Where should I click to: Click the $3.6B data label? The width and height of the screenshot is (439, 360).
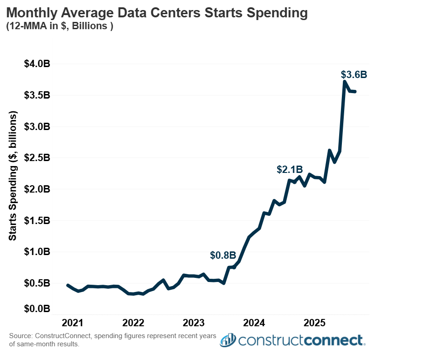tap(354, 75)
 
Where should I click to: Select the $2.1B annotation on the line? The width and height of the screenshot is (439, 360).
tap(289, 170)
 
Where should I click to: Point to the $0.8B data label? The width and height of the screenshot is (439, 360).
tap(223, 256)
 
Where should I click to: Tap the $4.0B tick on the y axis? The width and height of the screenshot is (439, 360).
tap(37, 64)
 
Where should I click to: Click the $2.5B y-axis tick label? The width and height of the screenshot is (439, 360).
tap(37, 158)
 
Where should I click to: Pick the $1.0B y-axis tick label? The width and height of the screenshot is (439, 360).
tap(37, 252)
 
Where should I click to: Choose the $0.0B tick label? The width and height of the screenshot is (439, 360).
tap(37, 309)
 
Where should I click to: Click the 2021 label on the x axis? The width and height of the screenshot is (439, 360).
tap(72, 323)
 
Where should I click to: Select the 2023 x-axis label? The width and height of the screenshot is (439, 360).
tap(193, 323)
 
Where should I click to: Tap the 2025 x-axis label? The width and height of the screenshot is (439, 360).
tap(314, 323)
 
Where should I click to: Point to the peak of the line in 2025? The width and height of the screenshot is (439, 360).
tap(345, 82)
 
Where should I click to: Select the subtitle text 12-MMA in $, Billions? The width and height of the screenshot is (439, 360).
tap(59, 26)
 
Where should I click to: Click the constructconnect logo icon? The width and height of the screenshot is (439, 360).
tap(227, 340)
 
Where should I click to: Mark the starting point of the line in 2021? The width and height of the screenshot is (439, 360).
tap(67, 285)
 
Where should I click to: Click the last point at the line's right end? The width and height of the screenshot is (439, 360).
tap(355, 92)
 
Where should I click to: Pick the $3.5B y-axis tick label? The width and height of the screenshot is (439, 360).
tap(37, 95)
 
